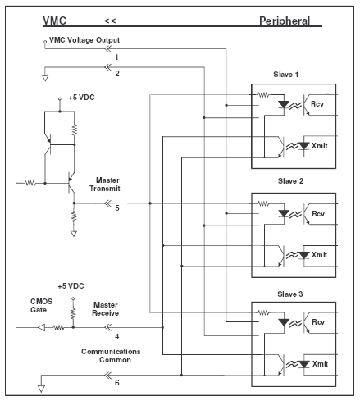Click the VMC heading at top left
click(x=54, y=21)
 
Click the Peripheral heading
click(x=285, y=21)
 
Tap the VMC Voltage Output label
click(x=84, y=40)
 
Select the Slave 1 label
click(x=285, y=75)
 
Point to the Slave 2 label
click(x=290, y=181)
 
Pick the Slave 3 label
click(x=290, y=294)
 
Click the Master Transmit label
click(x=105, y=185)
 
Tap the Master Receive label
click(x=106, y=309)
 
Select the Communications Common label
click(x=111, y=355)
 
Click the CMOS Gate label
click(x=41, y=306)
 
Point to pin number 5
click(x=117, y=208)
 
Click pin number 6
click(x=117, y=382)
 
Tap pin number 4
click(x=117, y=336)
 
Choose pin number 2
click(x=117, y=74)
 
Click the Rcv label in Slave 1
click(x=317, y=104)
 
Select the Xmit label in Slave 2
click(x=319, y=255)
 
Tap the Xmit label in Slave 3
click(x=320, y=364)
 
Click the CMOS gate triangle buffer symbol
click(x=41, y=327)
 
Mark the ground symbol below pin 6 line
click(x=41, y=389)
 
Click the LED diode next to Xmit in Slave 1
click(x=303, y=146)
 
